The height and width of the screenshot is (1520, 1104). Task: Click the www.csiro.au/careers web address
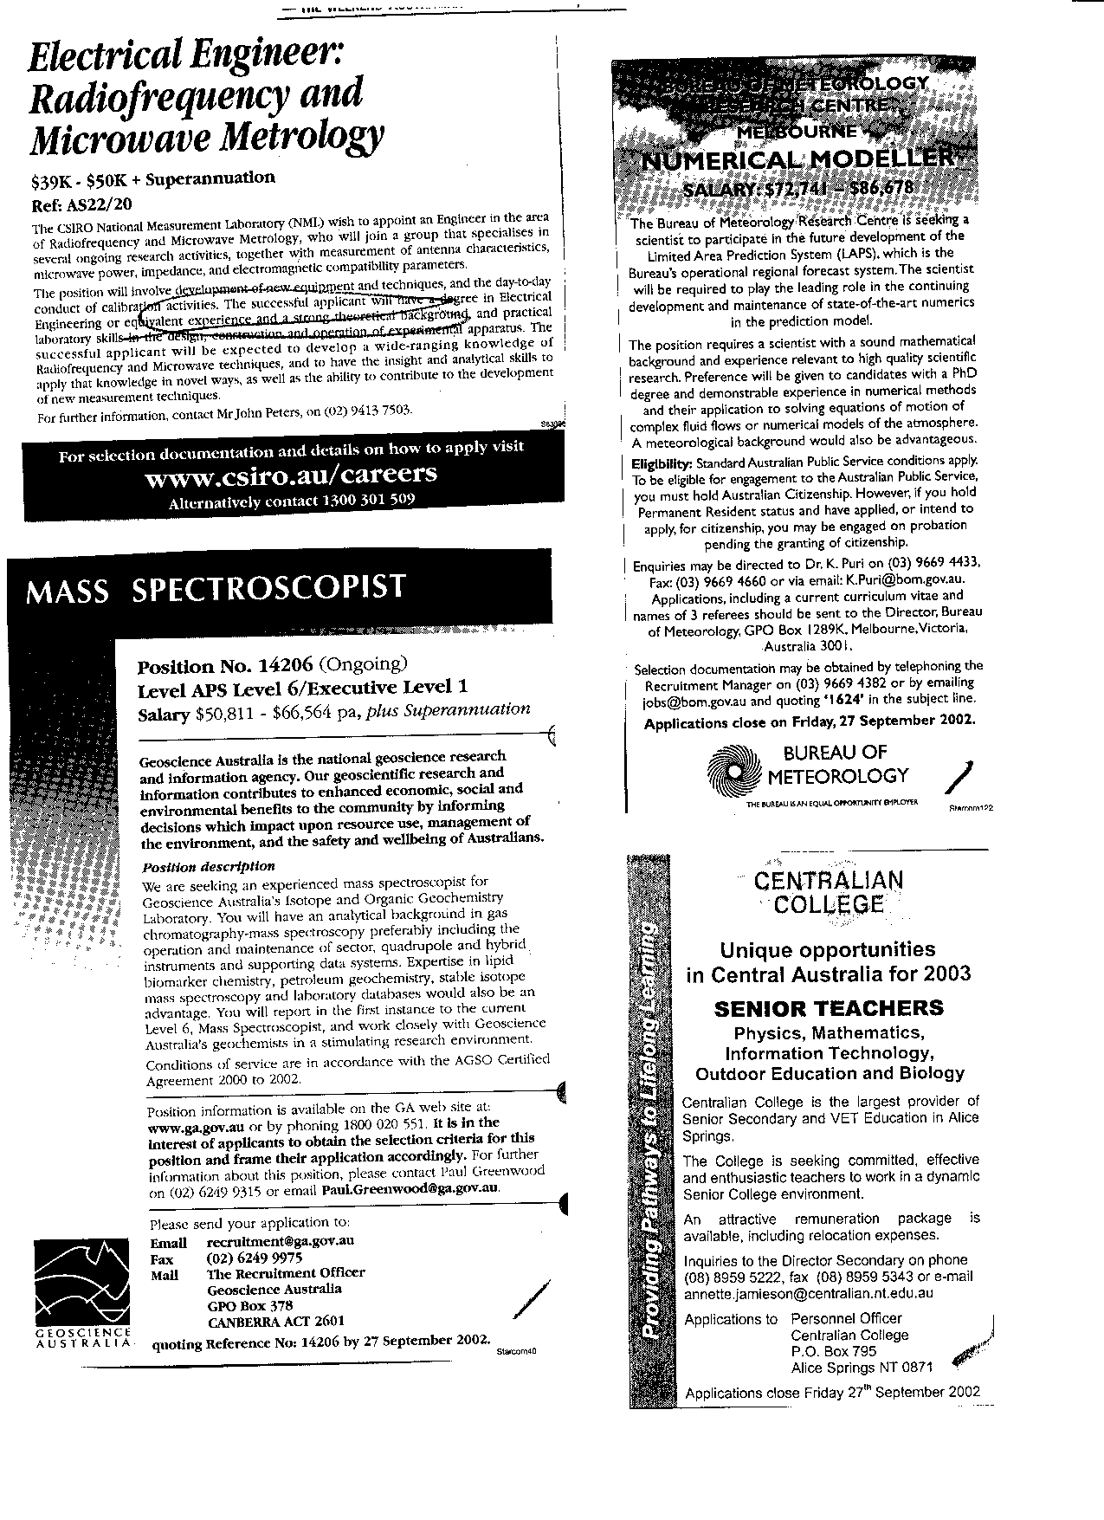pos(291,475)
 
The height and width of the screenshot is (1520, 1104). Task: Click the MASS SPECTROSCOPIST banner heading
pos(216,589)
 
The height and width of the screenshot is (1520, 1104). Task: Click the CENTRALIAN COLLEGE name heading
pos(829,892)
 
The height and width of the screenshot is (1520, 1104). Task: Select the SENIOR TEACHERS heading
pos(829,1008)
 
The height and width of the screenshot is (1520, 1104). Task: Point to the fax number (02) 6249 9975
pos(255,1258)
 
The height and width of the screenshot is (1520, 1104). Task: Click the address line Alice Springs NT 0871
pos(862,1368)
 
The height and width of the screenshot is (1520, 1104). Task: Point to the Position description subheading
pos(208,866)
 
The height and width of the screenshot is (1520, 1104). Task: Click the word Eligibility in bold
pos(662,462)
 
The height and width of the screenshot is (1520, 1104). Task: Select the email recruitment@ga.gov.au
pos(281,1241)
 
